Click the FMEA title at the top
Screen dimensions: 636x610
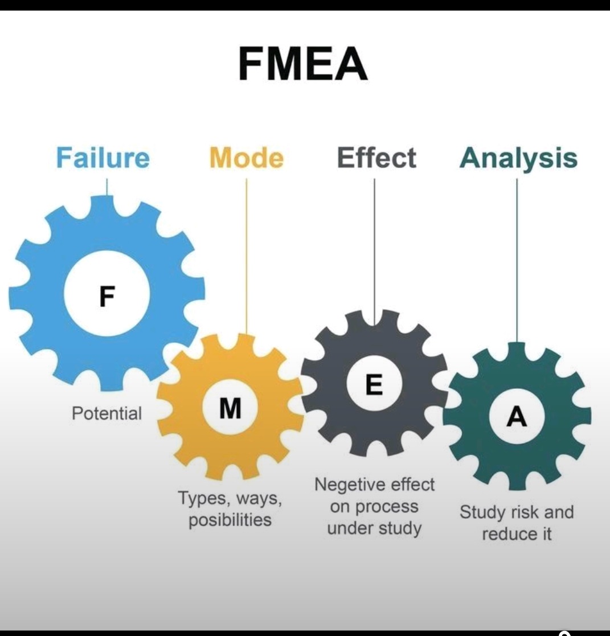coord(303,64)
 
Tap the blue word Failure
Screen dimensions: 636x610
coord(103,158)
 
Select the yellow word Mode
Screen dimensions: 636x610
coord(246,158)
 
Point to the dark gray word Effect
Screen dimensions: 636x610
coord(376,158)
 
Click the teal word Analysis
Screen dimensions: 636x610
coord(518,158)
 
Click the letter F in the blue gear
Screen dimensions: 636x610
coord(107,296)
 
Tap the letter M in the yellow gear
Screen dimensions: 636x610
coord(230,408)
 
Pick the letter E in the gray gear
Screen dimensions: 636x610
coord(374,385)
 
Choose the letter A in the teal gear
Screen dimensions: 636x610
coord(517,417)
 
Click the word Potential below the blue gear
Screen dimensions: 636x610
coord(107,413)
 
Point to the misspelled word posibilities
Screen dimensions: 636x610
coord(230,520)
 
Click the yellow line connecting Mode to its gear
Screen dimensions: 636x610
coord(247,256)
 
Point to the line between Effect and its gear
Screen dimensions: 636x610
coord(374,251)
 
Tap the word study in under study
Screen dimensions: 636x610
coord(400,528)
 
